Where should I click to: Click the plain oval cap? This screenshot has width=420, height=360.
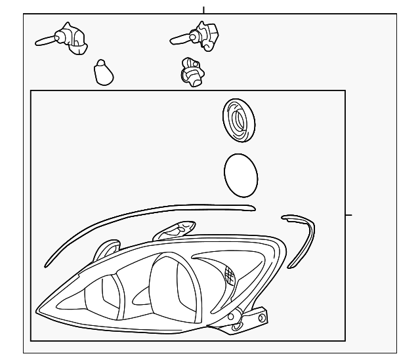(x=241, y=175)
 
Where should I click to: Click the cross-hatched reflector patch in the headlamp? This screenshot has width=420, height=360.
(x=229, y=275)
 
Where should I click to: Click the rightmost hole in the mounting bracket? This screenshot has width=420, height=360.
(x=262, y=319)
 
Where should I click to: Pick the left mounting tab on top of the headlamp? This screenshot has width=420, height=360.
(x=105, y=249)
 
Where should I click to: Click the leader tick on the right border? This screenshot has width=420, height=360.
(x=348, y=214)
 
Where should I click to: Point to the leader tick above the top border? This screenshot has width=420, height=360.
(x=203, y=10)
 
